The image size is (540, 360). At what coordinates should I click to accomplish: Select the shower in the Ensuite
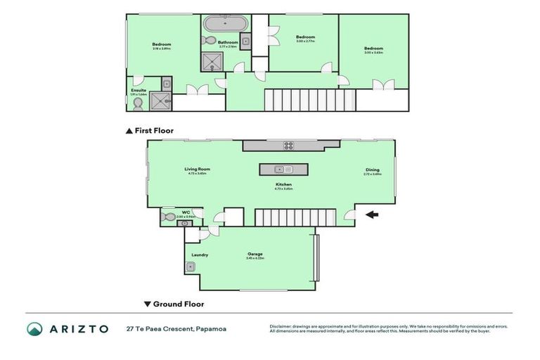coord(161,101)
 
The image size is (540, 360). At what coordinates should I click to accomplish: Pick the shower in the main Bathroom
coord(212,63)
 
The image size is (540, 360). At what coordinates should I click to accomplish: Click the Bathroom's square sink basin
coord(245,41)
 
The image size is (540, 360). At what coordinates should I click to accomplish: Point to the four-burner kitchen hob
coord(288,146)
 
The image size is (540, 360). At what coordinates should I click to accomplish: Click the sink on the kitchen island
coord(283,169)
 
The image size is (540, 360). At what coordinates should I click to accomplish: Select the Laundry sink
coord(190,267)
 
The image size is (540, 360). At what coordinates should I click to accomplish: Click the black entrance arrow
coord(372,216)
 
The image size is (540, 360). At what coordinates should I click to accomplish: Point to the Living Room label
coord(198,169)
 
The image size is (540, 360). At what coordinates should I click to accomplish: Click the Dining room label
coord(372,169)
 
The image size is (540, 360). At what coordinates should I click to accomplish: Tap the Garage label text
coord(255,254)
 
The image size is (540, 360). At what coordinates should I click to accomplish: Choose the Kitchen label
coord(283,184)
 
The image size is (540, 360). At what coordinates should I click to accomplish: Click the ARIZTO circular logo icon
coord(34,328)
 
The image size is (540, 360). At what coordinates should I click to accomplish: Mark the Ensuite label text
coord(139,90)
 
